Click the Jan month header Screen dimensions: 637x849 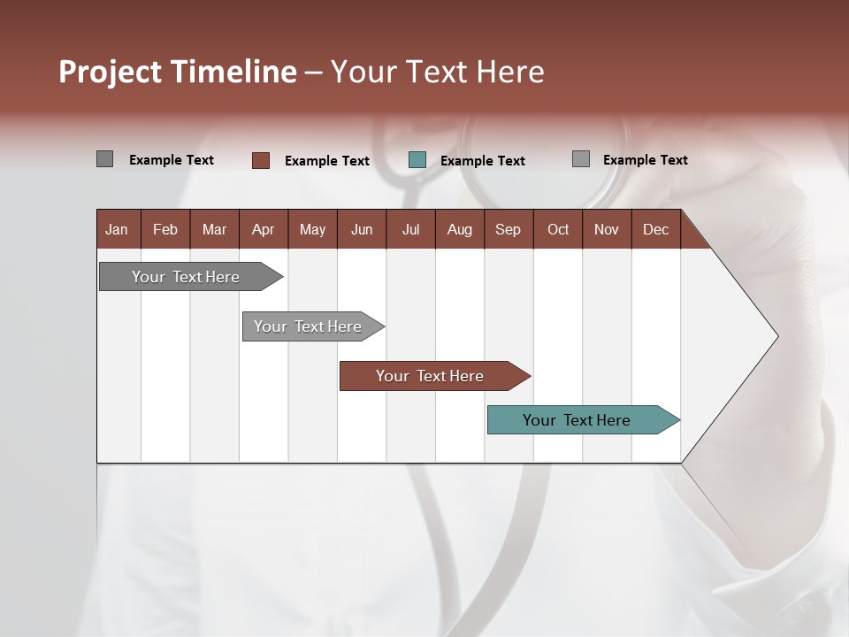118,229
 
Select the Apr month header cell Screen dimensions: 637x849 264,229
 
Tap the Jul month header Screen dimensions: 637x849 410,229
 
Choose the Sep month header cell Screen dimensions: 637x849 509,229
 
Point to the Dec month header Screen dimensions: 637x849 655,229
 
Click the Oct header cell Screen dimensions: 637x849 558,229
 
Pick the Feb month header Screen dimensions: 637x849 165,229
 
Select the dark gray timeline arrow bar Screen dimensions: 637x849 187,277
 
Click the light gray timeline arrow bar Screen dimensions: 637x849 309,326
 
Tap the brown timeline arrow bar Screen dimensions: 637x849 431,376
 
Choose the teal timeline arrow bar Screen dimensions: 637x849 577,420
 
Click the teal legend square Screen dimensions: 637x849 417,160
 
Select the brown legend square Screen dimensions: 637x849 261,160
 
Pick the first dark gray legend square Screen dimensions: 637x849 105,159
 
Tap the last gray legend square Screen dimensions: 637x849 581,159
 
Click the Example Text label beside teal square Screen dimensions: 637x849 483,161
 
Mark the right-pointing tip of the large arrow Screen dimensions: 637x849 776,336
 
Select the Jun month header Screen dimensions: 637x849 362,229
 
